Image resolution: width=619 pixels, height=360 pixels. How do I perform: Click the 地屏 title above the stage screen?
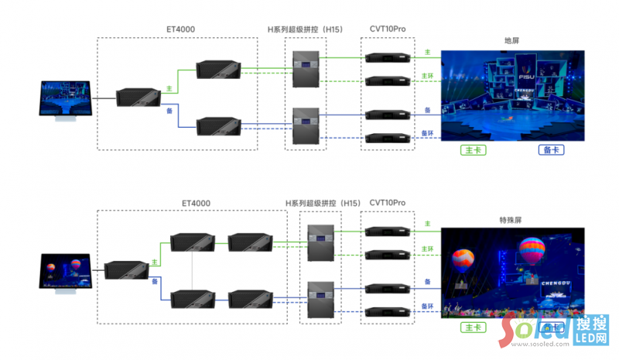(x=511, y=40)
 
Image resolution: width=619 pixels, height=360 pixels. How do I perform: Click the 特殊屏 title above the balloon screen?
(x=511, y=220)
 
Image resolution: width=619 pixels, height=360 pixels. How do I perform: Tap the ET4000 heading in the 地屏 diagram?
(x=180, y=29)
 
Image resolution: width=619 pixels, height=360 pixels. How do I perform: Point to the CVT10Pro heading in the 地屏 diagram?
(x=387, y=29)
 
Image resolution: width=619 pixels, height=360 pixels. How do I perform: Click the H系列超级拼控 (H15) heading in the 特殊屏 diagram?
(x=323, y=203)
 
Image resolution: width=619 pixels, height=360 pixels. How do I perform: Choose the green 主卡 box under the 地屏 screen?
(x=473, y=150)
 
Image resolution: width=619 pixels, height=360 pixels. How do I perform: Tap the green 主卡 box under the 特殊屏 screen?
(x=471, y=327)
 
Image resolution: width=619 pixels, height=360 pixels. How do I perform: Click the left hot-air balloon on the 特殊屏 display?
(x=463, y=259)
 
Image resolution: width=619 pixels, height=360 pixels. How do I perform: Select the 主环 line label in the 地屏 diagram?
(x=428, y=76)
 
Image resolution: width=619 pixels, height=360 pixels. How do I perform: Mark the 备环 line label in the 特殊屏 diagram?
(x=427, y=307)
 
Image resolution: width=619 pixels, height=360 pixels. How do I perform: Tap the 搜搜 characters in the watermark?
(x=591, y=324)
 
